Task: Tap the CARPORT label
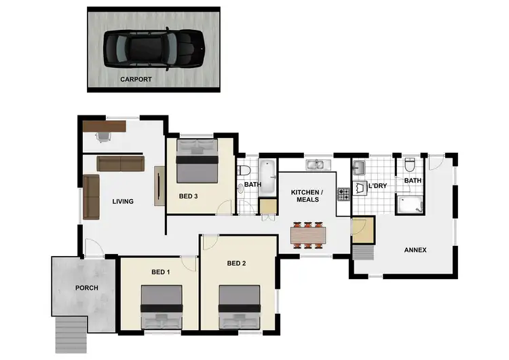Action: pos(136,79)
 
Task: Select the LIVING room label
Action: pos(123,201)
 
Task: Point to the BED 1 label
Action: pos(161,272)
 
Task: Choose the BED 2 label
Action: pos(235,264)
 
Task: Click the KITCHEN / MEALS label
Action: pos(307,196)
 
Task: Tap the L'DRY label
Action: pos(377,185)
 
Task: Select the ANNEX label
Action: pos(415,250)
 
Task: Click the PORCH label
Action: pos(87,288)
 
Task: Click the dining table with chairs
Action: pos(307,234)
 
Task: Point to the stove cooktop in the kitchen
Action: pos(343,193)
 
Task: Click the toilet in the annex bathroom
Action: pos(409,166)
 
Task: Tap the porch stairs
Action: pos(69,332)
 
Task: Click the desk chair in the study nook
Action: pos(103,137)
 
